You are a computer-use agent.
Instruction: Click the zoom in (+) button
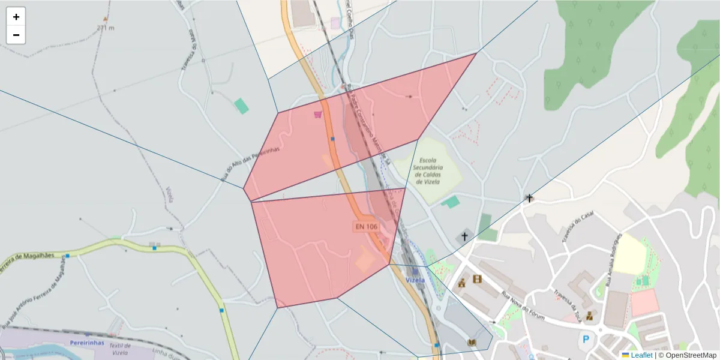tap(16, 17)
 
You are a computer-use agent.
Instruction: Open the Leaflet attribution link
tap(641, 355)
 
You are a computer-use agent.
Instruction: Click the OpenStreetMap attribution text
tap(687, 355)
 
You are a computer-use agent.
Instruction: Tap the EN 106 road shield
tap(366, 226)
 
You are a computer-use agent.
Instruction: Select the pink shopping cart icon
tap(317, 114)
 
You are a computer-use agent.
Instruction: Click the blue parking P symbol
tap(585, 340)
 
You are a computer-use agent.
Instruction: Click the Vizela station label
tap(415, 280)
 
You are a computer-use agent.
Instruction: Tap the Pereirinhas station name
tap(88, 343)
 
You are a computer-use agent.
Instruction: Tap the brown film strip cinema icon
tap(477, 279)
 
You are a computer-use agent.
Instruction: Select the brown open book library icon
tap(472, 343)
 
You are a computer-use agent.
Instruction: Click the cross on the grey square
tap(464, 237)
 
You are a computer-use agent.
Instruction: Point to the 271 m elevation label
tap(105, 28)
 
